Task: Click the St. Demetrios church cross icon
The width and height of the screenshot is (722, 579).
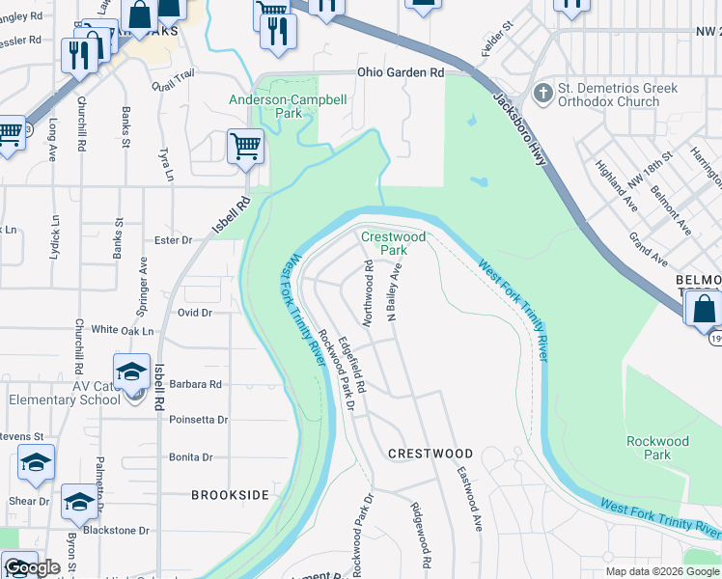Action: click(543, 95)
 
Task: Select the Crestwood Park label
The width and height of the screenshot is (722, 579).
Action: click(393, 243)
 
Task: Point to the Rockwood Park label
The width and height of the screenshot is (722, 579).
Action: click(657, 448)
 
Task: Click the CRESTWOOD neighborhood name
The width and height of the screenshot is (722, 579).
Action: click(430, 454)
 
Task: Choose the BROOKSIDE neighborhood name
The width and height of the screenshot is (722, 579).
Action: click(230, 494)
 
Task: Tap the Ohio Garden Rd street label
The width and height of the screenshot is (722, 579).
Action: click(401, 72)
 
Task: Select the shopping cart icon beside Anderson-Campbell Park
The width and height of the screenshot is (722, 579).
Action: click(245, 148)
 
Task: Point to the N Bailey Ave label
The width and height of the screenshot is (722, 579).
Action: click(394, 291)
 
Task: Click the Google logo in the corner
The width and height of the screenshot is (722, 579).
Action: click(32, 568)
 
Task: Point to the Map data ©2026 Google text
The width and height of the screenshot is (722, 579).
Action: click(661, 571)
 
